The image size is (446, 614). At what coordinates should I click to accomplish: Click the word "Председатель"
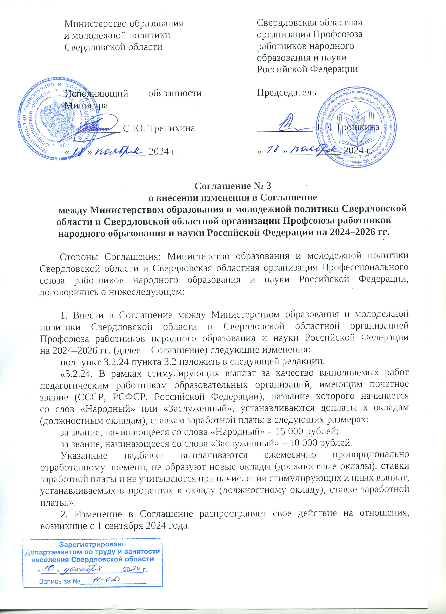point(286,93)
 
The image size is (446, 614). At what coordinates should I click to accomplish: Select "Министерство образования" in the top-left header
point(124,24)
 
